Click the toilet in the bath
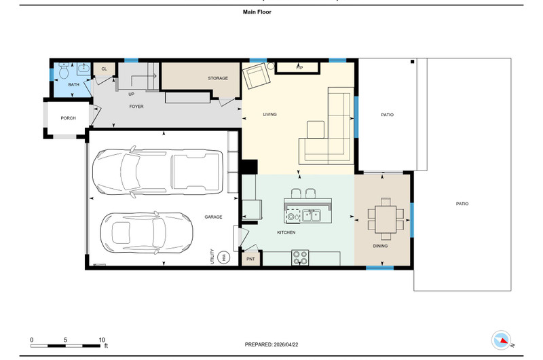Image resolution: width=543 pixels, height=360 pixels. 64,71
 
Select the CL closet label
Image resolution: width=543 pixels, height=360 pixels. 105,69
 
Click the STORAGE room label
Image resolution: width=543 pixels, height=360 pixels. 218,78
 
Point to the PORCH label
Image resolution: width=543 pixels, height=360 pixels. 69,118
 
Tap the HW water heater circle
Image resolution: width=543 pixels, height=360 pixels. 224,257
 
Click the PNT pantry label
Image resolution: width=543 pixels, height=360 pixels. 250,259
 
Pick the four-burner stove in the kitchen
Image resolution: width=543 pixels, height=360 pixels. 300,257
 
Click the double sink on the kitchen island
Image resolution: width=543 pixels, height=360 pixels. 312,215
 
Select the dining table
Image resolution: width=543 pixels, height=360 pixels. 386,219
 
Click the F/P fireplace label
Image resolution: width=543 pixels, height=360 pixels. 299,68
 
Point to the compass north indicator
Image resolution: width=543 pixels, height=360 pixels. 501,340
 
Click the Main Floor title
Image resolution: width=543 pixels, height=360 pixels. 257,12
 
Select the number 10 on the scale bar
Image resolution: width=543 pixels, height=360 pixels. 102,340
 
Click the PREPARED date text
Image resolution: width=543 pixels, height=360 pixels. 271,345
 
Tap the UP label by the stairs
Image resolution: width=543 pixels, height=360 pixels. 131,94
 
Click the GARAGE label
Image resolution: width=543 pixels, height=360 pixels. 213,217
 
